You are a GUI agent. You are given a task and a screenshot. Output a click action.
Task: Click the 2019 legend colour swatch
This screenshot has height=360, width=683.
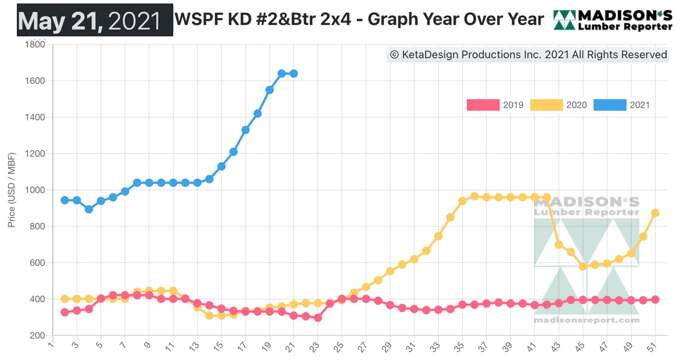pos(483,105)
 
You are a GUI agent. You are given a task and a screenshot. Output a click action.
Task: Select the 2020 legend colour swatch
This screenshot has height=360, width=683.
pos(546,105)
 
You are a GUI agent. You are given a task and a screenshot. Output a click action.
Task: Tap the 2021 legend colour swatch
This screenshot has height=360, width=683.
pos(609,105)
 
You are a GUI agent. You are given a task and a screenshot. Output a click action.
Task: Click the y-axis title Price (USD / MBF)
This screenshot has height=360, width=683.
pos(12,190)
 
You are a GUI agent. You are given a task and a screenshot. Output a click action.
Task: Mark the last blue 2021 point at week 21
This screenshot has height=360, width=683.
pos(294,74)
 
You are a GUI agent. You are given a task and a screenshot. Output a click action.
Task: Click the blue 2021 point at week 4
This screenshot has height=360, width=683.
pos(89,209)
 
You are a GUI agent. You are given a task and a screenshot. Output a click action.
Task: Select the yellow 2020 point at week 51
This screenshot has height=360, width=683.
pos(655,213)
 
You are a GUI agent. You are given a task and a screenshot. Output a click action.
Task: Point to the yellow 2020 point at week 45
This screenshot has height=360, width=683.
pos(583,266)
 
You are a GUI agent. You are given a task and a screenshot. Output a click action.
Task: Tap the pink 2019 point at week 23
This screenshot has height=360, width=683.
pos(318,318)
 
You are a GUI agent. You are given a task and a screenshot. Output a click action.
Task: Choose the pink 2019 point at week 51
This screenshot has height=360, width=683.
pos(655,300)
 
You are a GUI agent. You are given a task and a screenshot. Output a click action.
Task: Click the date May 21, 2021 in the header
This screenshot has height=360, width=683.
pos(95,20)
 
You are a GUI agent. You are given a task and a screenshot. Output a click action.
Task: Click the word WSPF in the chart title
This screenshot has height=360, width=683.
pos(196,19)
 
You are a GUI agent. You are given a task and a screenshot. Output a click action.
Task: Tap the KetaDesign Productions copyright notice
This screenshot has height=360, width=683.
pos(528,55)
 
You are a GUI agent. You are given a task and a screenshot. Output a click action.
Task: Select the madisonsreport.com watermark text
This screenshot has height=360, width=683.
pos(586,320)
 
